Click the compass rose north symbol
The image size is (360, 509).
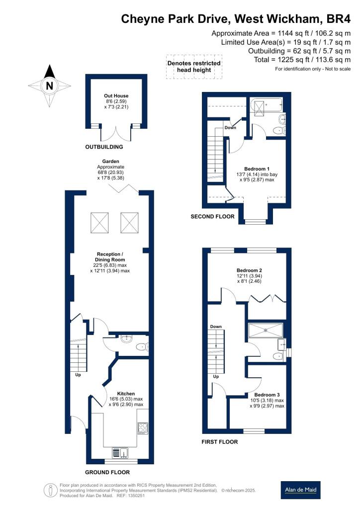click(49, 85)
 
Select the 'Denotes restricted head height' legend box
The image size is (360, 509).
click(194, 67)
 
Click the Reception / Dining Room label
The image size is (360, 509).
click(110, 257)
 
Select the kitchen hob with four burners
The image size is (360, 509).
click(142, 428)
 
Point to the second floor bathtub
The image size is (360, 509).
click(267, 106)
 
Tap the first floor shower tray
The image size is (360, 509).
click(265, 330)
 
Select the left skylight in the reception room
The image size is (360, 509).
click(99, 222)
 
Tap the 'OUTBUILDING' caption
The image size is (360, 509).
click(103, 147)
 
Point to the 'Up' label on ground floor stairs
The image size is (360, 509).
click(78, 375)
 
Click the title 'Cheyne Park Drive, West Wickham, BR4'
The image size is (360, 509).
click(236, 19)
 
